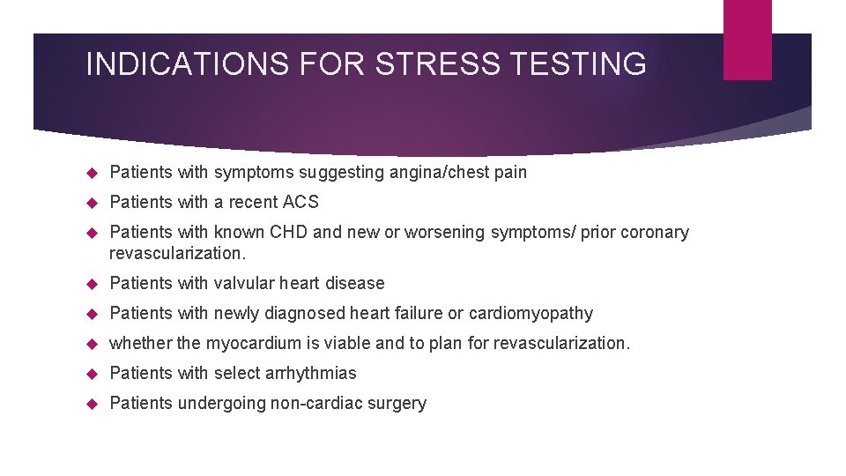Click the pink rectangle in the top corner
click(747, 40)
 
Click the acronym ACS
click(301, 202)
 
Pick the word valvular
click(243, 283)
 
